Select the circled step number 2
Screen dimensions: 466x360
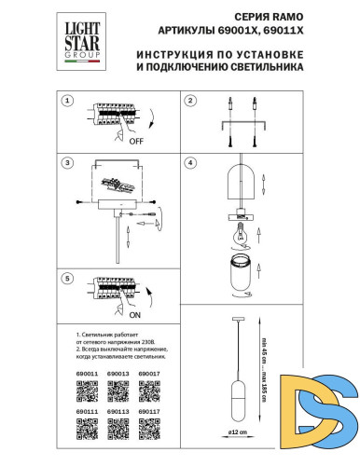tap(189, 101)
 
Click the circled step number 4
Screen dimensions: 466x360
tap(189, 164)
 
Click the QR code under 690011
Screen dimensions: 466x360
tap(87, 391)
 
